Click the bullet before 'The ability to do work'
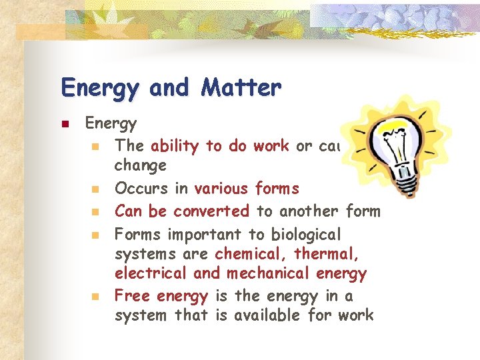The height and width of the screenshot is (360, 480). pyautogui.click(x=96, y=146)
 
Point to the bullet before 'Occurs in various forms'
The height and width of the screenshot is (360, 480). pyautogui.click(x=96, y=190)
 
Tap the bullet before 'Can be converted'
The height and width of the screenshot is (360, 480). pyautogui.click(x=96, y=213)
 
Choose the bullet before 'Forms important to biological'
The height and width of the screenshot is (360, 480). pyautogui.click(x=96, y=235)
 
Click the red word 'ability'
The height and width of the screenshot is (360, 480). pyautogui.click(x=174, y=146)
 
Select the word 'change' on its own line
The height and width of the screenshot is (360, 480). pyautogui.click(x=140, y=165)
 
